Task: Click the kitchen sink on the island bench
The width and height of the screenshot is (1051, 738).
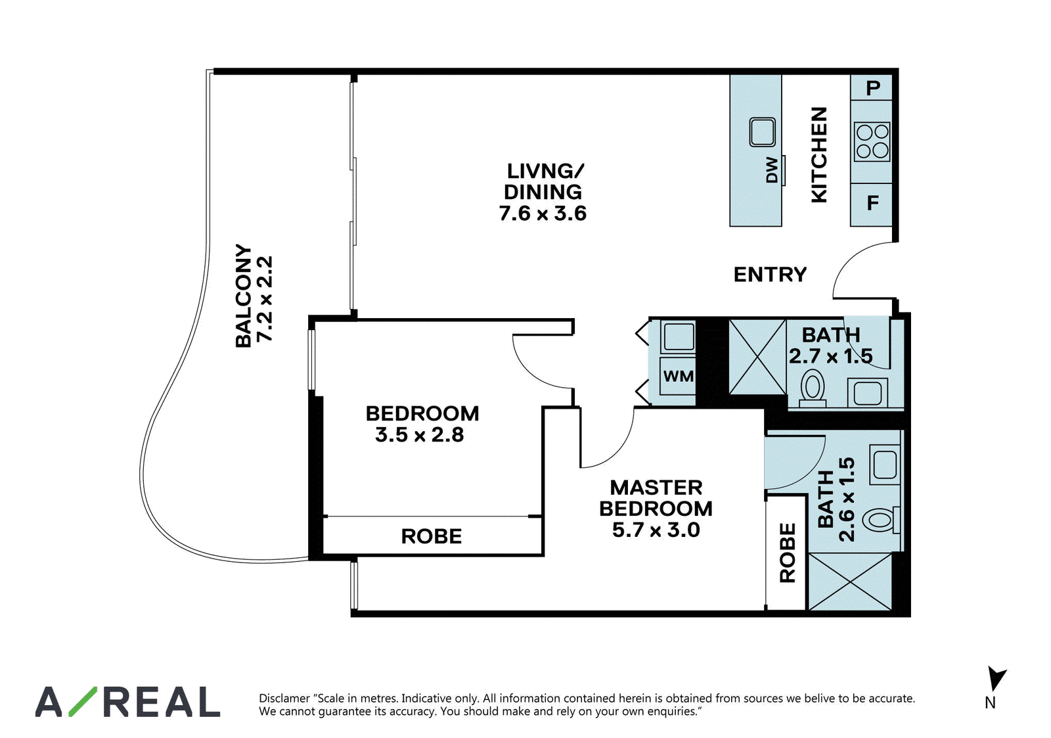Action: pyautogui.click(x=763, y=132)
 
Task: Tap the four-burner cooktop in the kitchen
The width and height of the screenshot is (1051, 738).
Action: pyautogui.click(x=872, y=141)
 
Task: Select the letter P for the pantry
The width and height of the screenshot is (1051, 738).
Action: pyautogui.click(x=873, y=88)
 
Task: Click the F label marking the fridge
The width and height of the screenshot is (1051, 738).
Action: pyautogui.click(x=873, y=203)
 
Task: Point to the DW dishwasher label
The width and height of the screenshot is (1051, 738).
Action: pyautogui.click(x=772, y=170)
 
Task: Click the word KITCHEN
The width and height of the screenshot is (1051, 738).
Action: pyautogui.click(x=819, y=155)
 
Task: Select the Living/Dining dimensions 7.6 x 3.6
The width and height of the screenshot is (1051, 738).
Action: pyautogui.click(x=543, y=214)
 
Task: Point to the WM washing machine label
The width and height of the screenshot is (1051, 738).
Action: pyautogui.click(x=679, y=376)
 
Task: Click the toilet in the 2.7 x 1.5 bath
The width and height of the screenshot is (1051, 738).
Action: pyautogui.click(x=812, y=389)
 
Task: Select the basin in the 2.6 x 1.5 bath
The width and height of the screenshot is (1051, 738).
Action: pyautogui.click(x=884, y=465)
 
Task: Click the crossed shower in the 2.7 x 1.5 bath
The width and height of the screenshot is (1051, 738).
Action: pyautogui.click(x=757, y=357)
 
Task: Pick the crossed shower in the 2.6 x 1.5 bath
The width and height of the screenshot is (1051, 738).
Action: pyautogui.click(x=850, y=582)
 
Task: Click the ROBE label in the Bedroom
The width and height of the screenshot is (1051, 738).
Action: pyautogui.click(x=431, y=536)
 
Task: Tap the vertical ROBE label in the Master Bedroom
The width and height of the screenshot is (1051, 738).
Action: pyautogui.click(x=788, y=553)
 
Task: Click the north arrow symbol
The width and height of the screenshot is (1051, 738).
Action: pyautogui.click(x=996, y=678)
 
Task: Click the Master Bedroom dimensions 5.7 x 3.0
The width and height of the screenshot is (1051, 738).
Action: pyautogui.click(x=656, y=530)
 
